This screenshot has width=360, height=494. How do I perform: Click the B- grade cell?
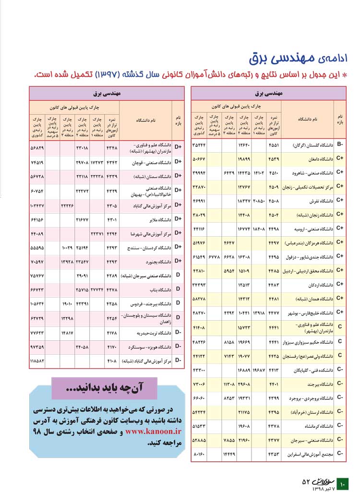(x=340, y=144)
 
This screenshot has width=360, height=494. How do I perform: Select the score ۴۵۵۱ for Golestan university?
(x=274, y=144)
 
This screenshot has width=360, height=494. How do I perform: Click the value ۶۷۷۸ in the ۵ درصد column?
(x=215, y=256)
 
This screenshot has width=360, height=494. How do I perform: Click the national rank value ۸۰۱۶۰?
(x=199, y=454)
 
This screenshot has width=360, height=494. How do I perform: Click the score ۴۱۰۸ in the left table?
(x=112, y=360)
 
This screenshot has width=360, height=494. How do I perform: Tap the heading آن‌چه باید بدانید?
(x=105, y=387)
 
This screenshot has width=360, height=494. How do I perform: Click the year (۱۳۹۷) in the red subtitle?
(x=113, y=75)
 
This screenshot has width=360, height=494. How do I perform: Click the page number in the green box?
(x=343, y=484)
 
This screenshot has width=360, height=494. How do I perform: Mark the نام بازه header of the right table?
(x=340, y=120)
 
